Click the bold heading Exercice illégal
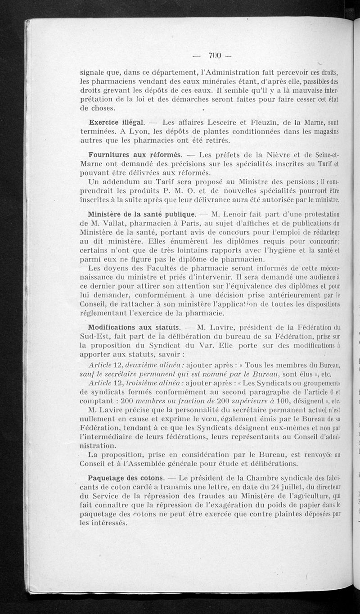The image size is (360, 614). point(117,122)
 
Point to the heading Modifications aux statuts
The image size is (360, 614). point(135,327)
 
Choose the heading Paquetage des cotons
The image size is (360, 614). point(126,477)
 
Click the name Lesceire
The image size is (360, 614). point(218,122)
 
